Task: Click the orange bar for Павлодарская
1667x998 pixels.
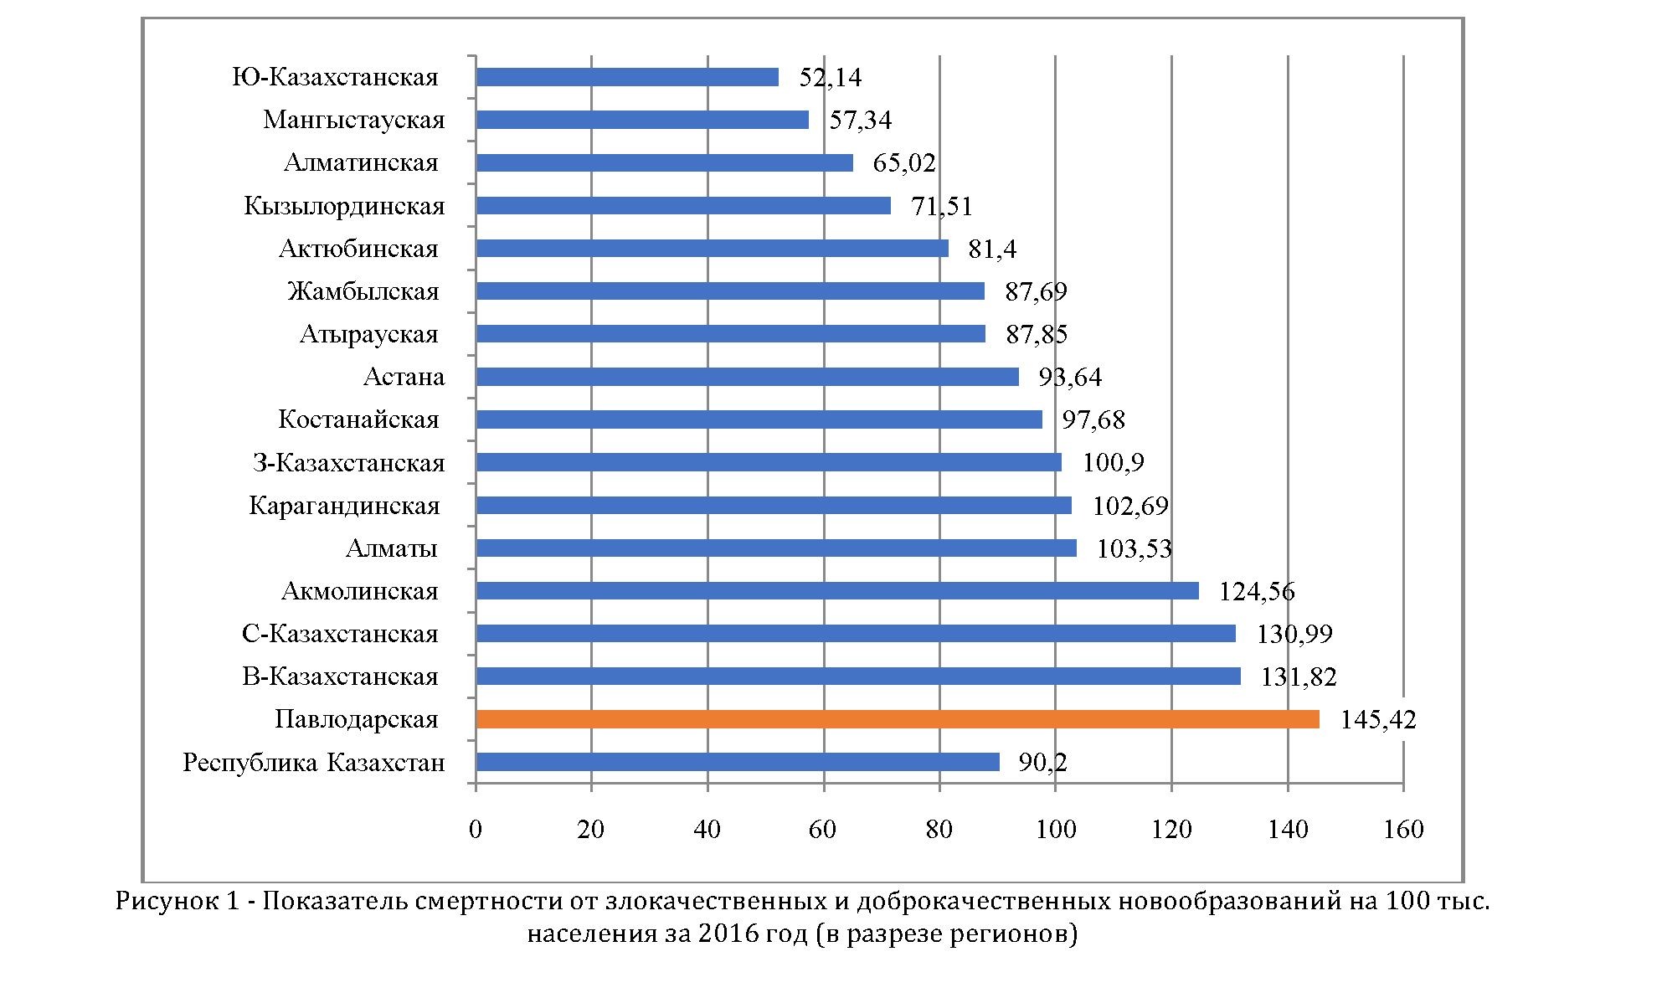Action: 896,719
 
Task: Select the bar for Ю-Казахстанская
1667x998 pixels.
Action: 626,77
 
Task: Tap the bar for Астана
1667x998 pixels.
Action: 747,377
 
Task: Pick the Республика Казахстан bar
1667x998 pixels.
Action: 737,762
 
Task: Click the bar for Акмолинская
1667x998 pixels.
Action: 836,591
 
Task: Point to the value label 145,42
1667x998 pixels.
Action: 1377,720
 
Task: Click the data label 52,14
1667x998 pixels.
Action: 830,78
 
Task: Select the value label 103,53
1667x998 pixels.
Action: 1134,549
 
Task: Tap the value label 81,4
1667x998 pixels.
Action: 991,249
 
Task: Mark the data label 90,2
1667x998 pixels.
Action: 1042,763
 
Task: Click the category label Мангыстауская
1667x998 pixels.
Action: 353,120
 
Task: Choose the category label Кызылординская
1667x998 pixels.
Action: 344,206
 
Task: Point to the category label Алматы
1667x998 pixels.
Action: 391,548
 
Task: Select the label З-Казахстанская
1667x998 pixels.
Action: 348,463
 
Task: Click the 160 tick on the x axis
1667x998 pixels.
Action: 1403,829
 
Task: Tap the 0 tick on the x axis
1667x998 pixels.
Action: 476,829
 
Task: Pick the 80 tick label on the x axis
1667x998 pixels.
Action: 939,829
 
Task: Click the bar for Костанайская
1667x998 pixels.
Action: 759,419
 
